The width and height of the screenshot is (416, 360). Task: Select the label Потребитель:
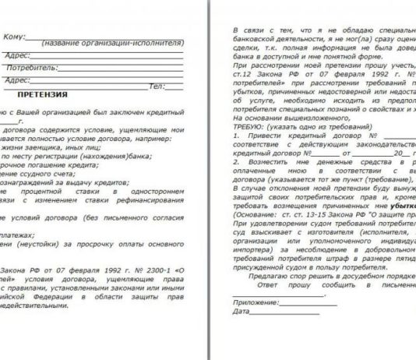30,68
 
